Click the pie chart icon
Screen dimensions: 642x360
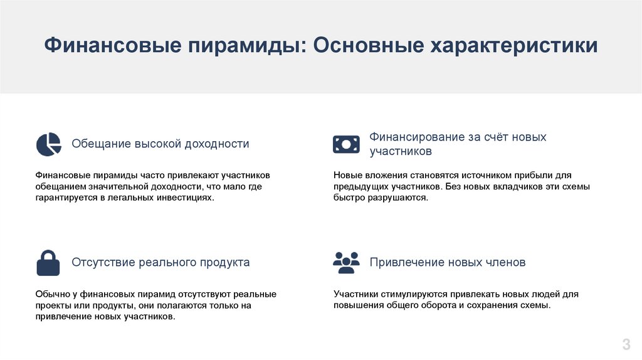(x=48, y=144)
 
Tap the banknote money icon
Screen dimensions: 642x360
(x=346, y=144)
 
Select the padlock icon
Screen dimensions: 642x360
(x=48, y=263)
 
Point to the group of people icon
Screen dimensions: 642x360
(x=346, y=263)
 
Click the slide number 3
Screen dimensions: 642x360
(x=626, y=344)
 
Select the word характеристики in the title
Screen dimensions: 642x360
(x=514, y=45)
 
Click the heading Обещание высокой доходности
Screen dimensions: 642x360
(x=160, y=144)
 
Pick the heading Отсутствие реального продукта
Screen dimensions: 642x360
(x=160, y=262)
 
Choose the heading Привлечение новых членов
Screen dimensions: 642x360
(x=448, y=262)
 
